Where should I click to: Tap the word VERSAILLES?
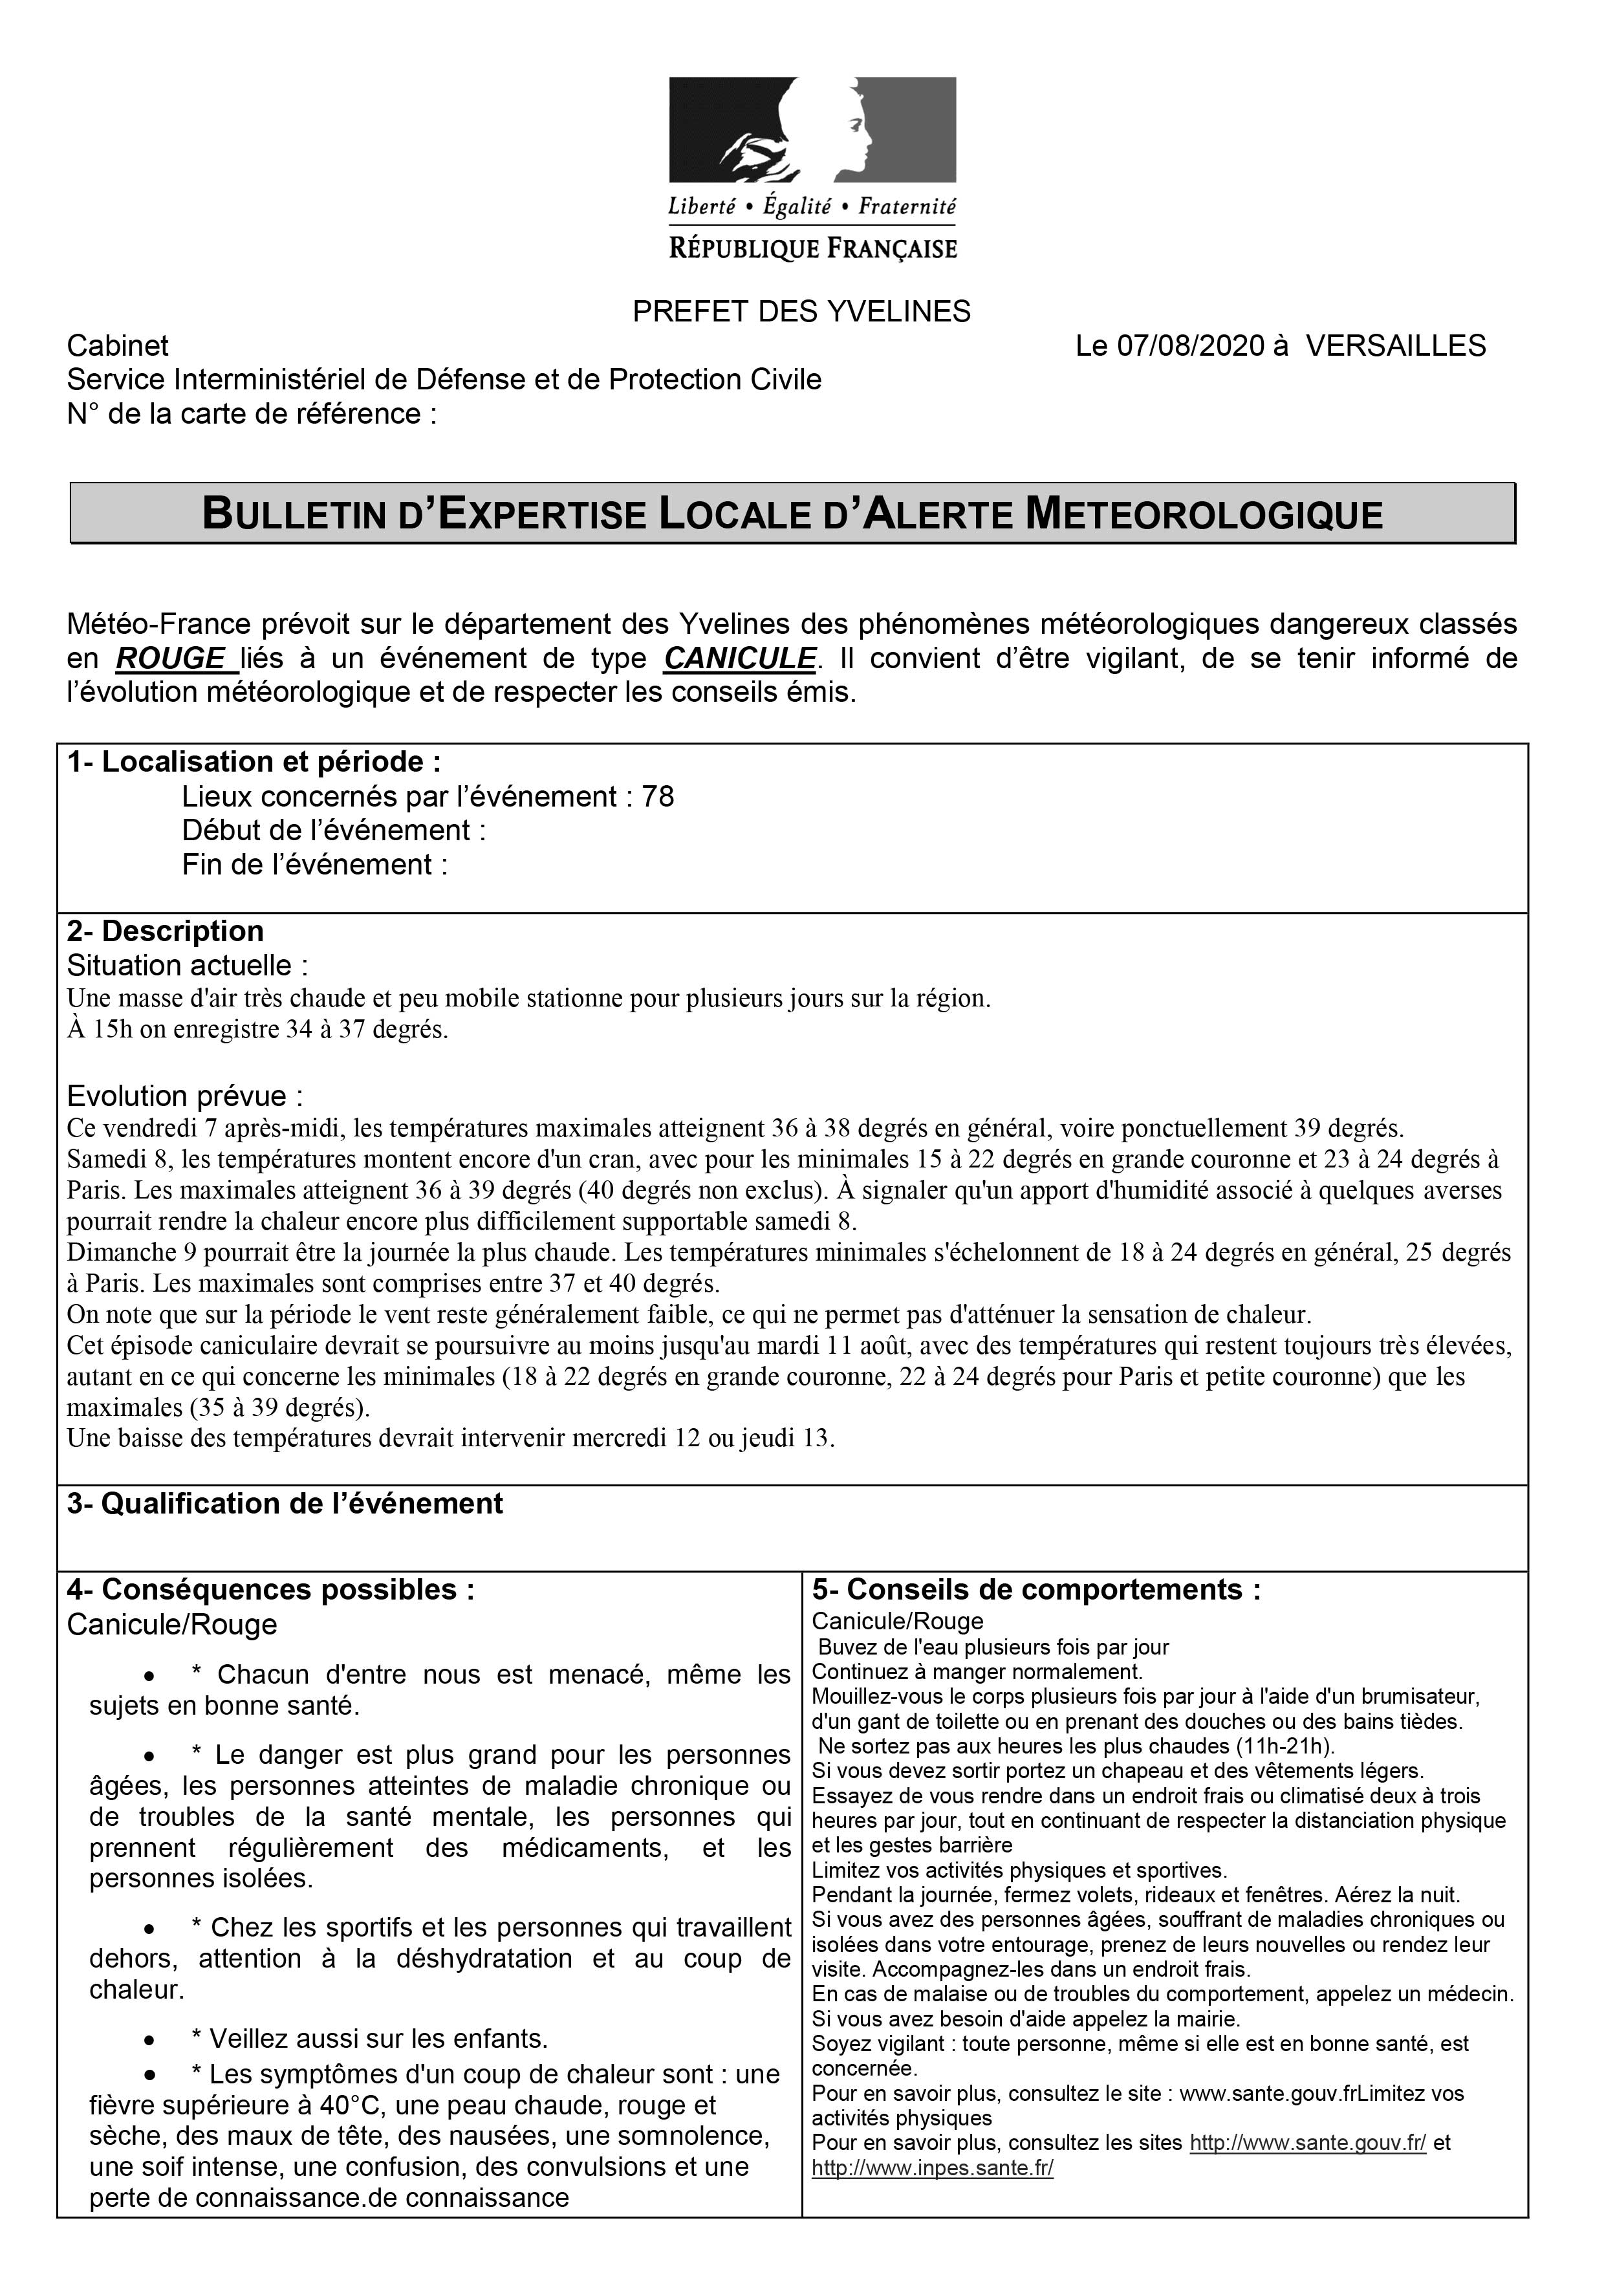point(1396,346)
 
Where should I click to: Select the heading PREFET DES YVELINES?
point(801,312)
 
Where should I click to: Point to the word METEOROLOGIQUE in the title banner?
point(1203,515)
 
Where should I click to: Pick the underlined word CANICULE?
point(740,658)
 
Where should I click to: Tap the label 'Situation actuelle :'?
point(188,966)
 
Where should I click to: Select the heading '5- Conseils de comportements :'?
point(1035,1589)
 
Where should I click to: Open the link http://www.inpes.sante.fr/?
point(932,2168)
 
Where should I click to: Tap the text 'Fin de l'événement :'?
point(314,865)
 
